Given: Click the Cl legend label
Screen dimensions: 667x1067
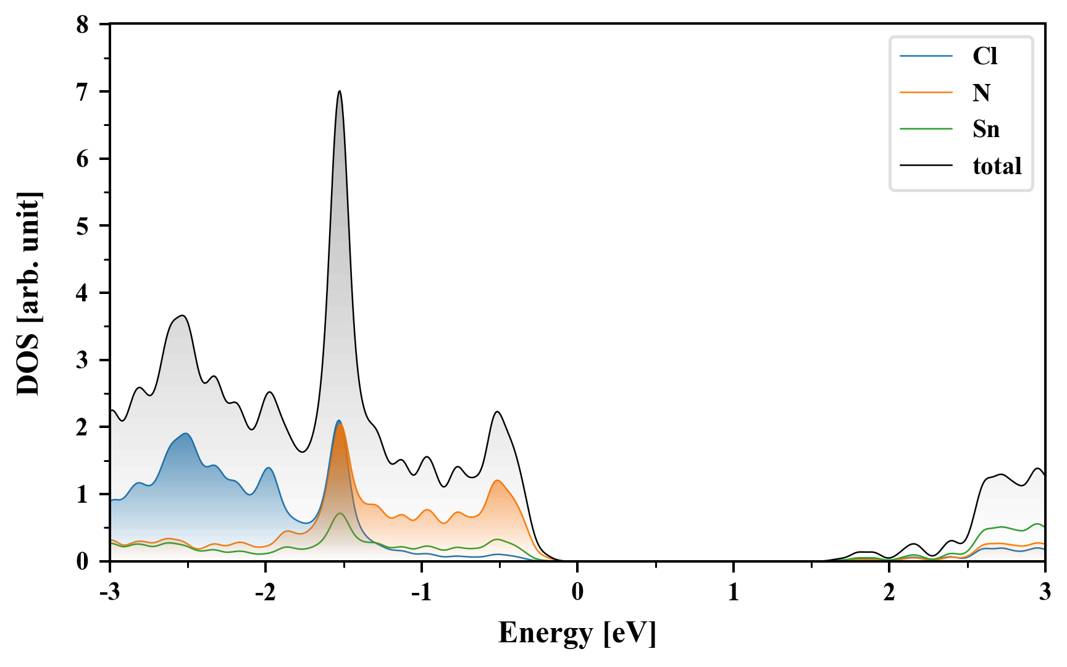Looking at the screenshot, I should [984, 56].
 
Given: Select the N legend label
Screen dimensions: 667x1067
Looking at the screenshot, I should [981, 93].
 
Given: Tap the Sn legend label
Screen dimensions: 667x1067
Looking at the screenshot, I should [985, 129].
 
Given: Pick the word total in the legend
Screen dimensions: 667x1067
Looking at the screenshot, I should [997, 166].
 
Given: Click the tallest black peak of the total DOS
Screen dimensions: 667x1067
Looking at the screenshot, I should [340, 91].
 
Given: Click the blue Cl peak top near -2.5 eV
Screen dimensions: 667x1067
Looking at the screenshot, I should [185, 434].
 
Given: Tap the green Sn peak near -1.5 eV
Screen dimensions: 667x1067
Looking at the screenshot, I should [340, 513].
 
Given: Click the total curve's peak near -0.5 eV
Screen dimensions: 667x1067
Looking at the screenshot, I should [497, 412].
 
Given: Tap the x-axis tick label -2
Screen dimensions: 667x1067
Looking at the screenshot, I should [265, 592].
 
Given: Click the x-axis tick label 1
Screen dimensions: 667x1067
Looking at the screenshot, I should [733, 592].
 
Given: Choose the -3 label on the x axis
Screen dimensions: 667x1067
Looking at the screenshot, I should [109, 592].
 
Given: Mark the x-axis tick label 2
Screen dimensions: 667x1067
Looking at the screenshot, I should [889, 592].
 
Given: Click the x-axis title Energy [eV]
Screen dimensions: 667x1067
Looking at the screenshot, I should [577, 633].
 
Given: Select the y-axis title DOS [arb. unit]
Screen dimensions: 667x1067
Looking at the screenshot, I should [29, 293].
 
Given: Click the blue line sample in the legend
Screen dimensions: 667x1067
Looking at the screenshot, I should [926, 56].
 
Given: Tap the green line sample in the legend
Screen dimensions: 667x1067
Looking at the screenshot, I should [926, 129].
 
